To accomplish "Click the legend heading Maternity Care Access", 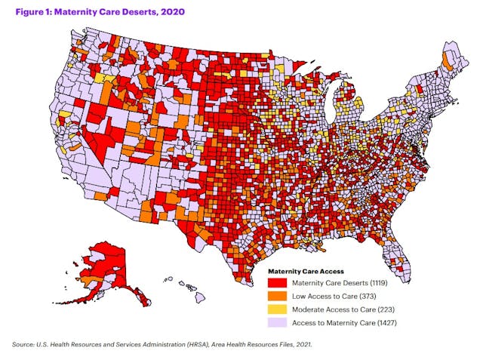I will coord(306,270).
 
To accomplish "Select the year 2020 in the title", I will coord(170,12).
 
